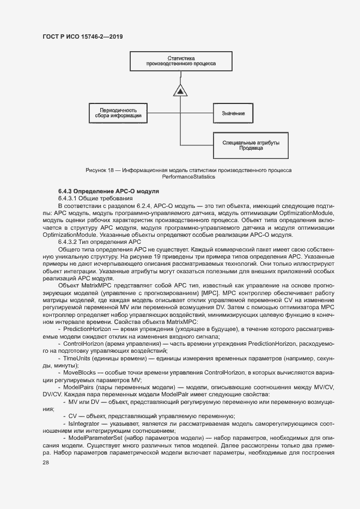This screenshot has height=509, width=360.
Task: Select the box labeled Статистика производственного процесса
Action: tap(181, 60)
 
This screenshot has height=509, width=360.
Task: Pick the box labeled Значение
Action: tap(233, 113)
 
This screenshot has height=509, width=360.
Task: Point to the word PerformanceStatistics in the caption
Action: tap(188, 177)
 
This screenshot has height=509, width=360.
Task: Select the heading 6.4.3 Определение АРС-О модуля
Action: tap(108, 191)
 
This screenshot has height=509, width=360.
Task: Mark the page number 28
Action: tap(46, 462)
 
